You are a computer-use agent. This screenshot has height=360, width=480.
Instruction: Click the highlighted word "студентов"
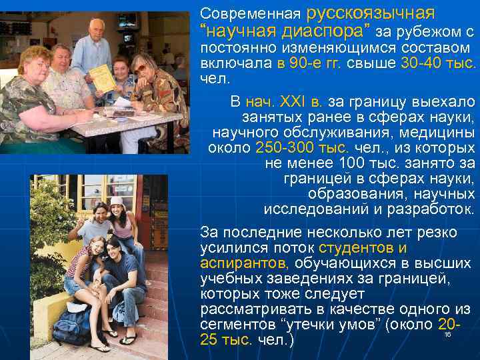click(x=358, y=248)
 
